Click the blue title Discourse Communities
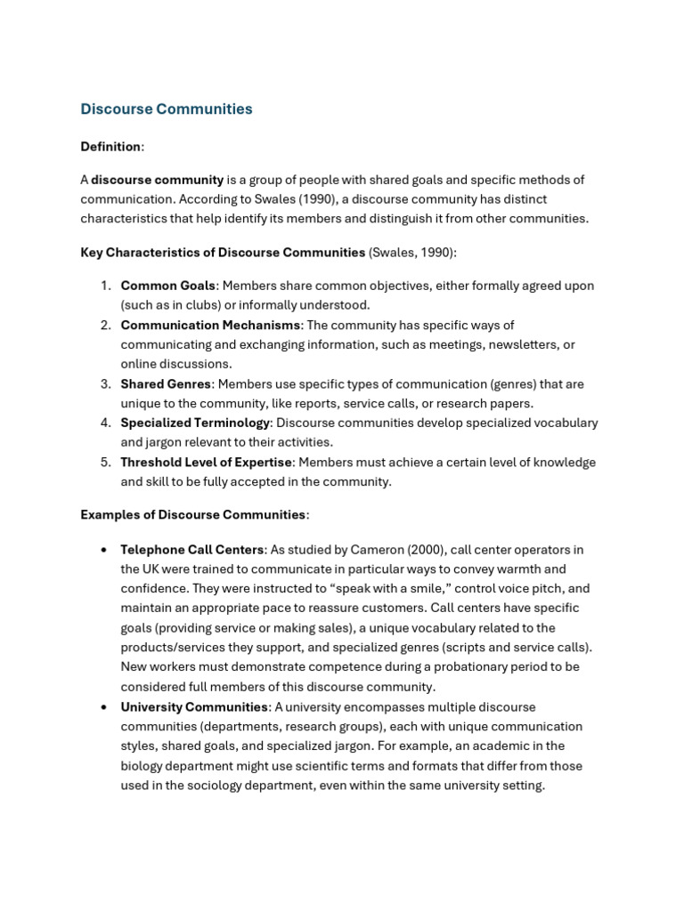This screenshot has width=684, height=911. [167, 109]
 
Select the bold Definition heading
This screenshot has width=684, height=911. [110, 147]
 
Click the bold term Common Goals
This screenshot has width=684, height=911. [168, 286]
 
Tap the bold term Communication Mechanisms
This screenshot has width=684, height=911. [211, 325]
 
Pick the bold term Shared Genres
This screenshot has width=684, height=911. [166, 383]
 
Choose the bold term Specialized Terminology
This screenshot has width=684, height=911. [195, 423]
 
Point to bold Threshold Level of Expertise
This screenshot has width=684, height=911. [207, 462]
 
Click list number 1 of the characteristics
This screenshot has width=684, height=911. [104, 286]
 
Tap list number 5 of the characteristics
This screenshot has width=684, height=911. [104, 462]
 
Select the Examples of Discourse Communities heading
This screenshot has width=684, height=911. [193, 514]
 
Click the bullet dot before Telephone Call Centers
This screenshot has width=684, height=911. [103, 550]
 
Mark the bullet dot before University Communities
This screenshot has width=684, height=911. [103, 707]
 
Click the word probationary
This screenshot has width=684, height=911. [468, 667]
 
